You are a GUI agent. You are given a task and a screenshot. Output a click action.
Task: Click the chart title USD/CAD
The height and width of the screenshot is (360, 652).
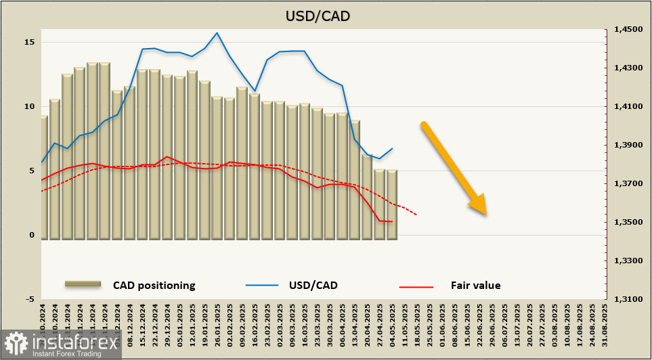point(326,16)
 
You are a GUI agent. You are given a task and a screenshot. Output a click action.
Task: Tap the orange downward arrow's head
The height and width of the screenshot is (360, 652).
point(479,205)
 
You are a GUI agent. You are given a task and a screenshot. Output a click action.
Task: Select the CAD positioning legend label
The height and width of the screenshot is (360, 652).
point(154,285)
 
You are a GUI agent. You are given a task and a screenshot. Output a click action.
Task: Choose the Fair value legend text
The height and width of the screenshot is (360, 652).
point(475,285)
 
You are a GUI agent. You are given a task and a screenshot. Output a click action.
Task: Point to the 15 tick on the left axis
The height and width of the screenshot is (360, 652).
point(29,42)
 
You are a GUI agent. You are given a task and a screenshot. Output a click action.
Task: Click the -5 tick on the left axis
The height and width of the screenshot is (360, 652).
point(29,298)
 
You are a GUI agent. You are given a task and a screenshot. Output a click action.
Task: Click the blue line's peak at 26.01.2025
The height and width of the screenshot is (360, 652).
point(217,32)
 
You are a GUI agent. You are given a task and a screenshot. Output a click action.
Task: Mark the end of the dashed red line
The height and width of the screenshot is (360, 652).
point(416,215)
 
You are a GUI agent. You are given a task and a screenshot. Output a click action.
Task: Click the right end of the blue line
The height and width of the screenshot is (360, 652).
point(392,149)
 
